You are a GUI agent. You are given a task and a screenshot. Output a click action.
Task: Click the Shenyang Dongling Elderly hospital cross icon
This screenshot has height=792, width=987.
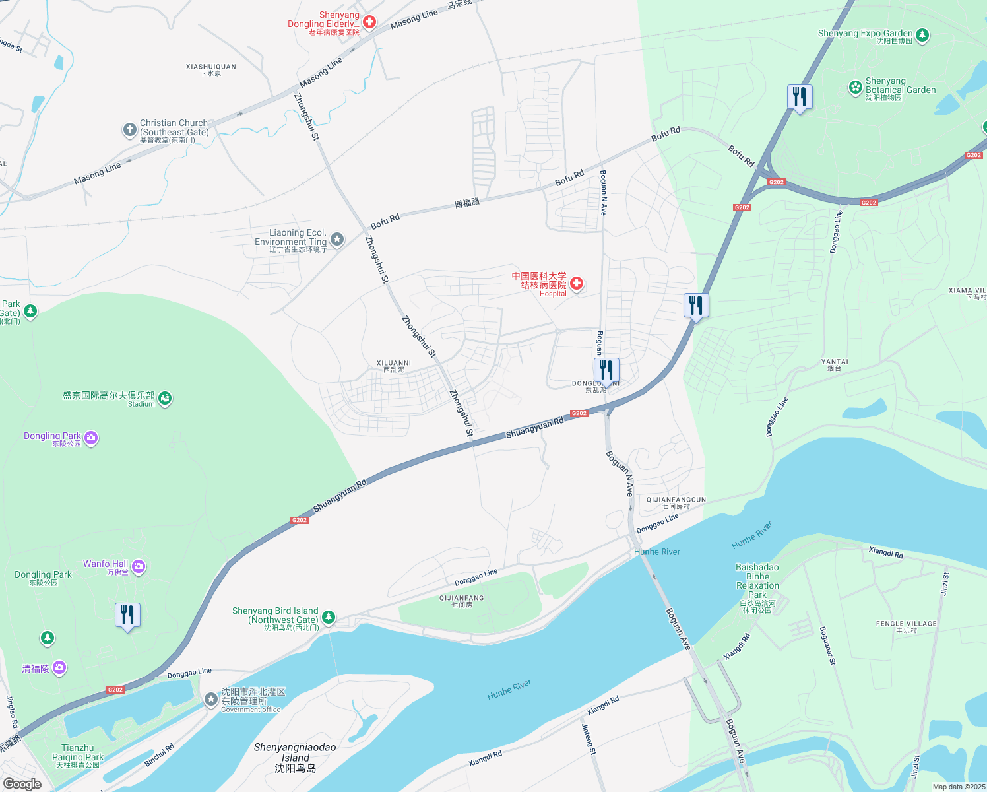pos(369,22)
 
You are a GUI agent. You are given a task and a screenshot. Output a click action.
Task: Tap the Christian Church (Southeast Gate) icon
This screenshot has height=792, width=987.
pos(130,130)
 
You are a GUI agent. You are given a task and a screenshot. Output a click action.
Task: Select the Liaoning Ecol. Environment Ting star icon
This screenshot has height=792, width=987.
pos(337,239)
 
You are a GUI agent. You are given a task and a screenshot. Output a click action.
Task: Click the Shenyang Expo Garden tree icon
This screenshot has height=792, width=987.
pos(922,35)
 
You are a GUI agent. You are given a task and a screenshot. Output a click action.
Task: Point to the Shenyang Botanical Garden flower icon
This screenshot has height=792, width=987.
pos(856,86)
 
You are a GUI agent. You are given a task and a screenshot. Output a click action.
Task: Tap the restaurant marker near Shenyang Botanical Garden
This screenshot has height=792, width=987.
pos(800,98)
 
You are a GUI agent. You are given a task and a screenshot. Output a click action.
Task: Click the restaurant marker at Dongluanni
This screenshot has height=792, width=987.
pos(606,371)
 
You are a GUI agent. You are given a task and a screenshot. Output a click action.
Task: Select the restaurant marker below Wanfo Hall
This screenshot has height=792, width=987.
pos(127,616)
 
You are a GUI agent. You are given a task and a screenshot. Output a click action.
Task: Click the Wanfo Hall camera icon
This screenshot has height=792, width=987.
pos(139,566)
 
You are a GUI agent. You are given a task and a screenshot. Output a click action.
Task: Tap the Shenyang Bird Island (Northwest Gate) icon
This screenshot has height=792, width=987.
pos(328,618)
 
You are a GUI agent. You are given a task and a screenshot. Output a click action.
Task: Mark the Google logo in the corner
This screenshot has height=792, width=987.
pos(22,784)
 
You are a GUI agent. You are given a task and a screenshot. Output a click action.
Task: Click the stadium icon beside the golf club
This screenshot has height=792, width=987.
pos(165,398)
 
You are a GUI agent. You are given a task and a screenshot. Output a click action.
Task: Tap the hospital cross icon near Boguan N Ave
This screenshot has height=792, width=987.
pos(577,284)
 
